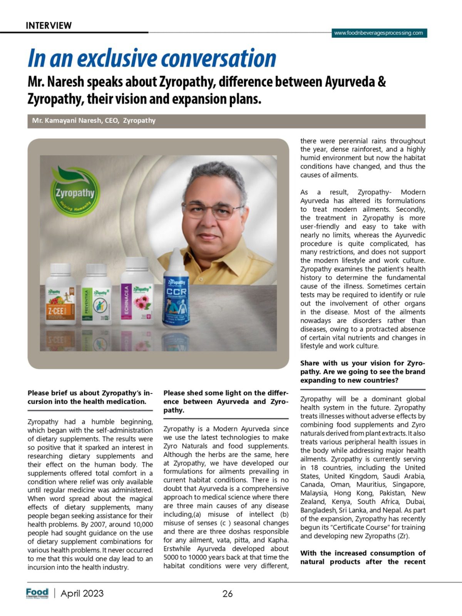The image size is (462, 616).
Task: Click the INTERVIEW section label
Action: (x=49, y=26)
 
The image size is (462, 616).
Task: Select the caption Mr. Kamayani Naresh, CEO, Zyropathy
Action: (x=94, y=121)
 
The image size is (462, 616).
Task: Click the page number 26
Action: (x=228, y=594)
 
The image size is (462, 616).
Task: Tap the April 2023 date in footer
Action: (x=82, y=593)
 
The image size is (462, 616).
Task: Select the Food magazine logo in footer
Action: (x=37, y=593)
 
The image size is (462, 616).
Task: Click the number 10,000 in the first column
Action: (x=141, y=524)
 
